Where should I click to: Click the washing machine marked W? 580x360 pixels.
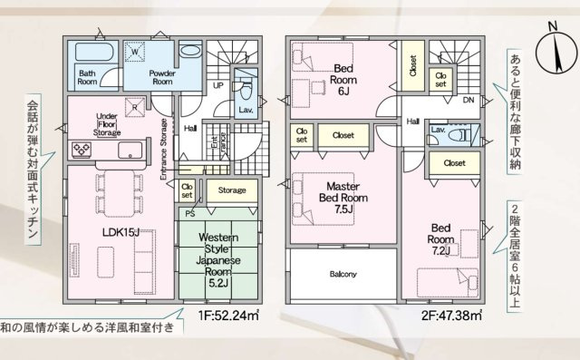tap(136, 53)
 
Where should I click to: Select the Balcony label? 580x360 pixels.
tap(343, 275)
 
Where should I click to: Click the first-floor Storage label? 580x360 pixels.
tap(233, 190)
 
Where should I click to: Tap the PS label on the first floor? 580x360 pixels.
tap(189, 215)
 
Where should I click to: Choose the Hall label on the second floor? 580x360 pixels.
tap(412, 120)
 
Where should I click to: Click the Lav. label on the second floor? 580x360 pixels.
tap(439, 131)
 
